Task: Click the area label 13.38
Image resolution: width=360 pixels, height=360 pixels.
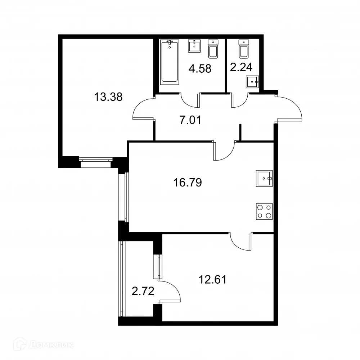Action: pyautogui.click(x=108, y=97)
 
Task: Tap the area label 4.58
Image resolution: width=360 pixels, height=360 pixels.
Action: pyautogui.click(x=200, y=68)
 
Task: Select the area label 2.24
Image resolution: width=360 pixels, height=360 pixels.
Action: pyautogui.click(x=241, y=67)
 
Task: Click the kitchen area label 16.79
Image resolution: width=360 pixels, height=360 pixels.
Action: pyautogui.click(x=187, y=183)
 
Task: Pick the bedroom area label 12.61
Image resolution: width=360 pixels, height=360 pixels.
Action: pyautogui.click(x=212, y=279)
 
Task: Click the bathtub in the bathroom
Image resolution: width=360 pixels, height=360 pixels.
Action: pyautogui.click(x=170, y=62)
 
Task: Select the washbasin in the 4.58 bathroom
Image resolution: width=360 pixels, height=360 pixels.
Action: pyautogui.click(x=194, y=46)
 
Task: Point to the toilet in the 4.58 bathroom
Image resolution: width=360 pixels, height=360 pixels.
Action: pyautogui.click(x=213, y=49)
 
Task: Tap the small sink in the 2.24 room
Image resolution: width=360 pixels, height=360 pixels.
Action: pyautogui.click(x=252, y=82)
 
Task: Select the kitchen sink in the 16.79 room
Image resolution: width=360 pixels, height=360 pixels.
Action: pyautogui.click(x=264, y=178)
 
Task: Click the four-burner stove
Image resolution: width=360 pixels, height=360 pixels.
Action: pyautogui.click(x=264, y=211)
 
